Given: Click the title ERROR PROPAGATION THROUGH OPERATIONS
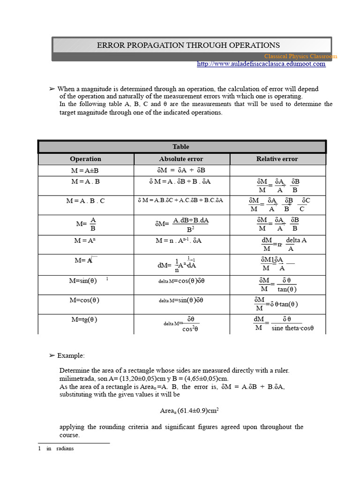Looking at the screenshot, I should [x=188, y=45].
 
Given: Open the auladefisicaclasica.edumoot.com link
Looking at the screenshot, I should [x=261, y=64].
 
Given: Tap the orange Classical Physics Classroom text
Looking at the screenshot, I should [x=300, y=56].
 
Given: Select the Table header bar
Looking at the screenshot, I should [x=181, y=147].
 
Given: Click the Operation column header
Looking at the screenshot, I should [x=85, y=159].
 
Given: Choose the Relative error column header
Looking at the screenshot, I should [x=277, y=159].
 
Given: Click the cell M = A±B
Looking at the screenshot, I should [x=85, y=170].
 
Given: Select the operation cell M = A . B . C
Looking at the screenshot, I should [x=85, y=201].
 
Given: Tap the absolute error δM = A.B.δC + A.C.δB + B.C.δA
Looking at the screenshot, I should [x=180, y=200].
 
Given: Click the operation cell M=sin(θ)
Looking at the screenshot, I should [x=83, y=281].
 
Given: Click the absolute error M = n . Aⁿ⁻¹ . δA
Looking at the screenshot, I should [x=179, y=240].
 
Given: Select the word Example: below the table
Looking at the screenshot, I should [x=71, y=356].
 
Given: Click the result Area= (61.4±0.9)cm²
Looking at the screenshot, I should [x=190, y=411].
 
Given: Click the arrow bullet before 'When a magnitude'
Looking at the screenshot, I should [x=52, y=89].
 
